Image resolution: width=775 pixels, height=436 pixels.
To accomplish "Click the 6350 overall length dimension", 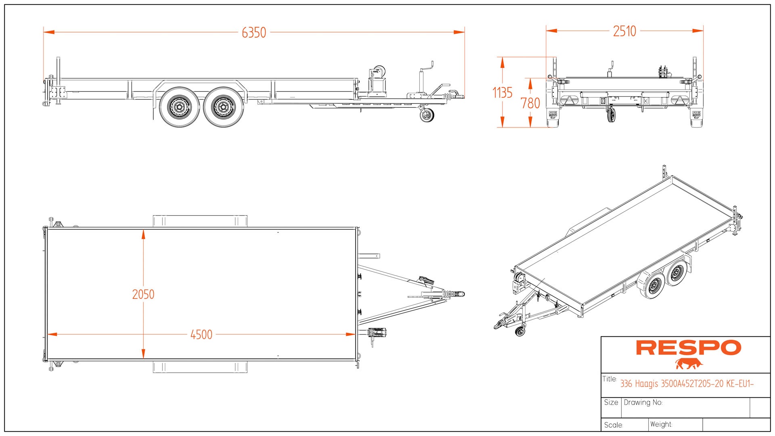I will pyautogui.click(x=254, y=32).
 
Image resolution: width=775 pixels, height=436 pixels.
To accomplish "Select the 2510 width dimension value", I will pyautogui.click(x=624, y=31).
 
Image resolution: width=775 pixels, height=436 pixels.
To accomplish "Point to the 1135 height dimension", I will pyautogui.click(x=503, y=93).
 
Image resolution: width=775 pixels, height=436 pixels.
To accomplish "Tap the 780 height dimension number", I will pyautogui.click(x=530, y=103).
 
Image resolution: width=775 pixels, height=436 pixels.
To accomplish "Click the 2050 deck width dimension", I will pyautogui.click(x=143, y=294).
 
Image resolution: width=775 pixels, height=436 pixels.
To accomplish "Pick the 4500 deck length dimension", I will pyautogui.click(x=201, y=335).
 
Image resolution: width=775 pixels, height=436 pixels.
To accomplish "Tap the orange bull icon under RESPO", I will pyautogui.click(x=689, y=364).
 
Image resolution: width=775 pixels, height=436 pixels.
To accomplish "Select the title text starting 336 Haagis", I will pyautogui.click(x=687, y=384).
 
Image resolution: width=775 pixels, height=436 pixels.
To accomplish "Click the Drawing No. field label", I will pyautogui.click(x=643, y=402).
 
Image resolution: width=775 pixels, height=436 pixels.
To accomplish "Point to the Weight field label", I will pyautogui.click(x=661, y=424).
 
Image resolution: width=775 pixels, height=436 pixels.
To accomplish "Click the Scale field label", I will pyautogui.click(x=614, y=425).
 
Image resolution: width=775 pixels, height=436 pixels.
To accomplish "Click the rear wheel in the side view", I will pyautogui.click(x=179, y=107).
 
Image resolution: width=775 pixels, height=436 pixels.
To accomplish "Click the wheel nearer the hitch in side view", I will pyautogui.click(x=223, y=107).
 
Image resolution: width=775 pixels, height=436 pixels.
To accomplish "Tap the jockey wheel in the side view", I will pyautogui.click(x=427, y=115).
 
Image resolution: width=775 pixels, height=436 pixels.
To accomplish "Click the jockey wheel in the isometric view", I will pyautogui.click(x=520, y=332).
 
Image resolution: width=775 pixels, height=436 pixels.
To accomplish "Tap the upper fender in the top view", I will pyautogui.click(x=200, y=221).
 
